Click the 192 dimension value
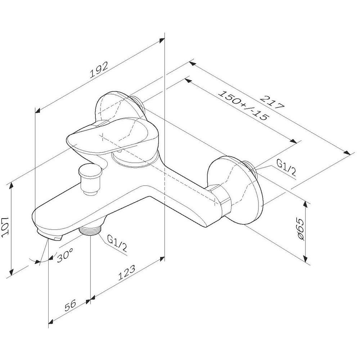click(x=99, y=70)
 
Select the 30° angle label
click(x=65, y=255)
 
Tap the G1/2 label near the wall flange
click(x=286, y=168)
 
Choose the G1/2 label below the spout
click(x=117, y=244)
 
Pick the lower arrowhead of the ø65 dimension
click(x=305, y=258)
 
